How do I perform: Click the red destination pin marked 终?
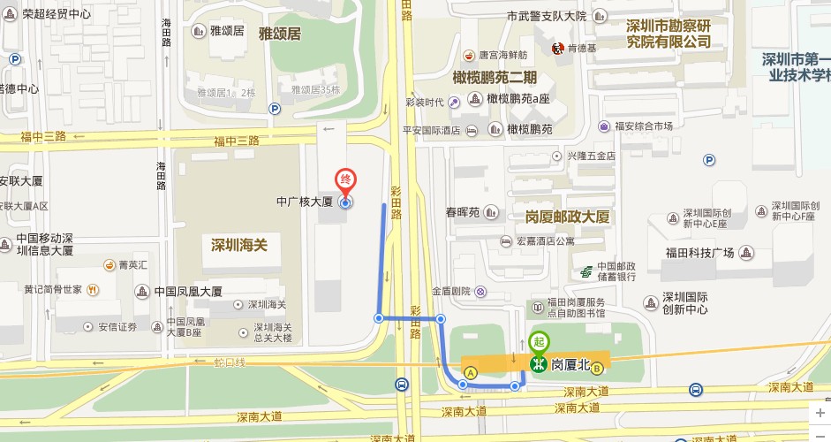[x=346, y=180]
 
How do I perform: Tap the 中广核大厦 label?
[x=302, y=202]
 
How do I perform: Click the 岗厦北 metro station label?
[x=569, y=364]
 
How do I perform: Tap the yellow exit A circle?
[x=471, y=373]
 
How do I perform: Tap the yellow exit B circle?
[x=598, y=368]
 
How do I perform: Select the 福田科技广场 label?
[x=700, y=253]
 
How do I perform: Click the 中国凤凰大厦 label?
[x=188, y=291]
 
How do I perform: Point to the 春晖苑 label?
[x=462, y=212]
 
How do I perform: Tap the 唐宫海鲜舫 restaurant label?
[x=505, y=53]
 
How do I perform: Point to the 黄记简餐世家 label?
[x=53, y=289]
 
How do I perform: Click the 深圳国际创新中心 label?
[x=685, y=303]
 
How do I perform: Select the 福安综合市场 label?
[x=644, y=126]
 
